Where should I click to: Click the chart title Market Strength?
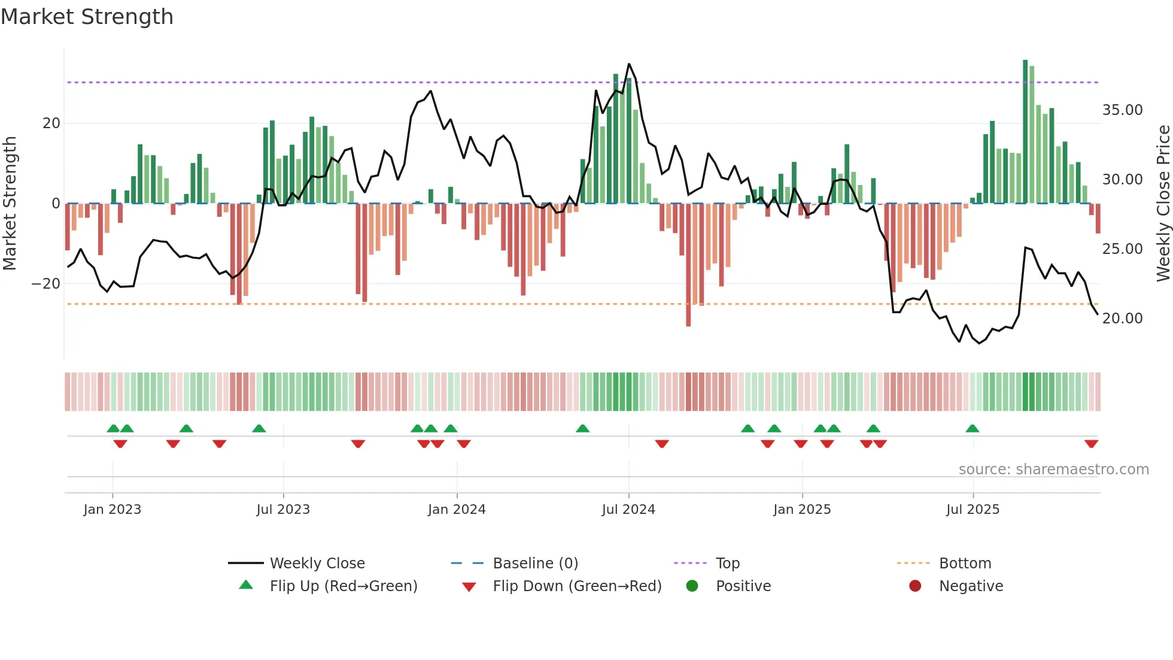[87, 17]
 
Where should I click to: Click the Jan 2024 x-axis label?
[457, 510]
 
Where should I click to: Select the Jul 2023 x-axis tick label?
[283, 510]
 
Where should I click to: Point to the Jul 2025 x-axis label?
[973, 510]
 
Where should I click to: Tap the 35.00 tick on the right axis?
[1122, 110]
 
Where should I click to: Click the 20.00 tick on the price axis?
[1122, 319]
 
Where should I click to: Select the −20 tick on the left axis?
[46, 284]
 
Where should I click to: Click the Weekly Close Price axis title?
[1163, 204]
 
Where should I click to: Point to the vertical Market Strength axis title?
[10, 204]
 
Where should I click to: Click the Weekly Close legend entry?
[317, 564]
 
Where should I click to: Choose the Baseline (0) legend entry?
[535, 564]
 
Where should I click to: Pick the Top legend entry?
[727, 564]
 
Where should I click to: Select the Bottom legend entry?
[965, 564]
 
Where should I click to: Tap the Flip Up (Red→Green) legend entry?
[343, 586]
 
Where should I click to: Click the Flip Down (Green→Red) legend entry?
[577, 586]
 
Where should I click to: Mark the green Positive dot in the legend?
[692, 586]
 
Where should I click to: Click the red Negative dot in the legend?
[915, 586]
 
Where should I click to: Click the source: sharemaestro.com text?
[1053, 470]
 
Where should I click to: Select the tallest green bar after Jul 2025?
[1025, 132]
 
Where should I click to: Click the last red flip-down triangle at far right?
[1091, 444]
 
